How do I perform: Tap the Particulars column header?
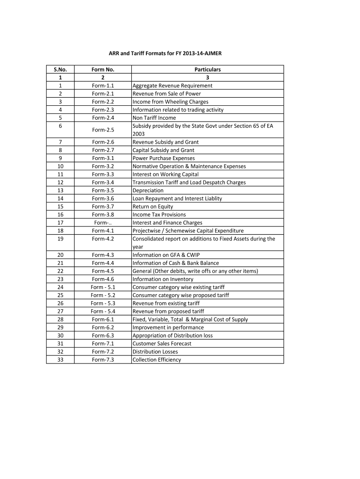[208, 70]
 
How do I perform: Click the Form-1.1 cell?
[103, 86]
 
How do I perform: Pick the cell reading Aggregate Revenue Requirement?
[173, 86]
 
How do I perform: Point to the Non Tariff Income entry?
[154, 118]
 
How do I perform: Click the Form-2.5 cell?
[103, 130]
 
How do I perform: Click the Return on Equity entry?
[153, 206]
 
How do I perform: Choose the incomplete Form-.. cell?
[103, 223]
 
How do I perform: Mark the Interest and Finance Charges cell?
[167, 223]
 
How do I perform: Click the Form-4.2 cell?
[103, 239]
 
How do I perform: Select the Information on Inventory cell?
[163, 279]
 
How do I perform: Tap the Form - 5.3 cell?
[103, 303]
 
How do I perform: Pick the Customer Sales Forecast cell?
[162, 343]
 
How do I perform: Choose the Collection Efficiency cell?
[157, 360]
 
